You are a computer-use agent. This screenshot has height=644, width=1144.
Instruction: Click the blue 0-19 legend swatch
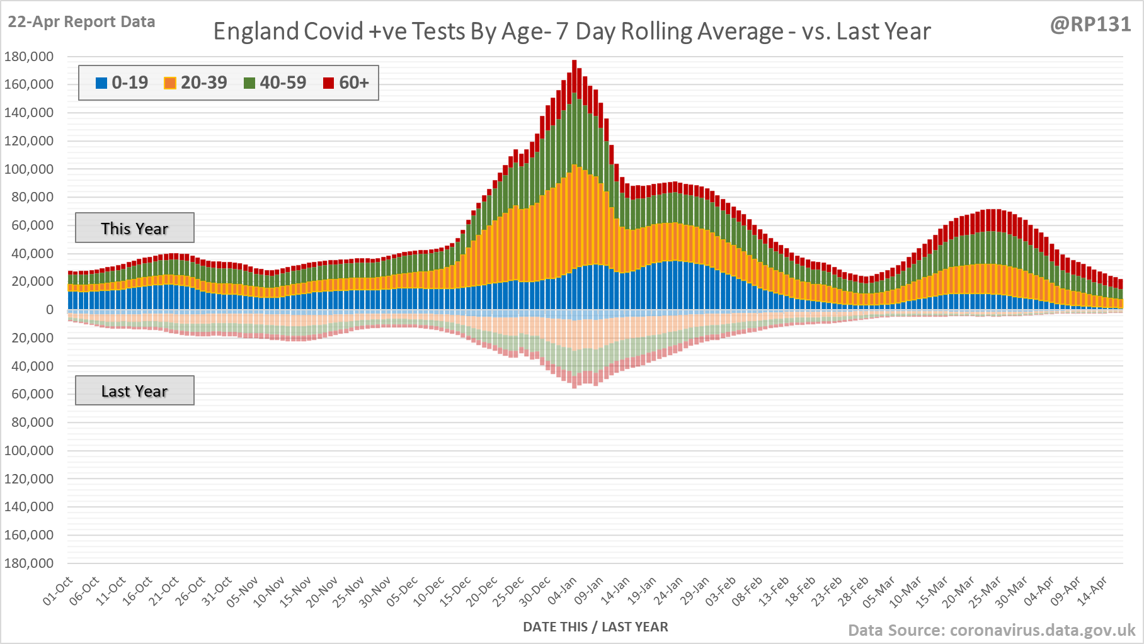pyautogui.click(x=101, y=83)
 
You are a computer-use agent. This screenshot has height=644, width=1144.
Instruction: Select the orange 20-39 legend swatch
pyautogui.click(x=170, y=83)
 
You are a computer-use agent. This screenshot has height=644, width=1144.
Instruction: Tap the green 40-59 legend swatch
pyautogui.click(x=249, y=83)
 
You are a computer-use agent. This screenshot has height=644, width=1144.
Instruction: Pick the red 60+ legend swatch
pyautogui.click(x=328, y=83)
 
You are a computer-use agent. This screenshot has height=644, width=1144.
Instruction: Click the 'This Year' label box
pyautogui.click(x=135, y=228)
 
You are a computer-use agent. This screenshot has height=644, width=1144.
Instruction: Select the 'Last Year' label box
pyautogui.click(x=135, y=391)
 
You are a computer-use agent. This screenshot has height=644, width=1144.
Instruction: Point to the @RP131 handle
pyautogui.click(x=1090, y=25)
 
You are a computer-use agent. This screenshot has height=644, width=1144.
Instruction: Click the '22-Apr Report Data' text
pyautogui.click(x=81, y=22)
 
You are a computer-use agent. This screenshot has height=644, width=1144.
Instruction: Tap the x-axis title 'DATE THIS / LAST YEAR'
pyautogui.click(x=595, y=627)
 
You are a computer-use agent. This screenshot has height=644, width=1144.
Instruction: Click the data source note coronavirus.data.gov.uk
pyautogui.click(x=992, y=630)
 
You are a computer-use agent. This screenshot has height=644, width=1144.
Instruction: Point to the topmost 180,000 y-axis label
pyautogui.click(x=29, y=57)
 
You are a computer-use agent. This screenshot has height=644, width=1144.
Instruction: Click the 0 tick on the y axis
pyautogui.click(x=50, y=310)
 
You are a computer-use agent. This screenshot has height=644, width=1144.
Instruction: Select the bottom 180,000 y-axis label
pyautogui.click(x=29, y=563)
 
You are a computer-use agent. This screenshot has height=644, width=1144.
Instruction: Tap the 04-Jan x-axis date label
pyautogui.click(x=563, y=590)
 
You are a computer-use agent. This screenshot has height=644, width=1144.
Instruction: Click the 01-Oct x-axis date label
pyautogui.click(x=58, y=590)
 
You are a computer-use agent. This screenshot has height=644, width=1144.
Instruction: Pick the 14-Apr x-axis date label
pyautogui.click(x=1092, y=590)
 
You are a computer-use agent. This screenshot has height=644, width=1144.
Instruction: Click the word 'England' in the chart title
pyautogui.click(x=255, y=31)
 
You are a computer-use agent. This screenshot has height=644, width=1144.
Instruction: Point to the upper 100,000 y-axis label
pyautogui.click(x=29, y=169)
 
